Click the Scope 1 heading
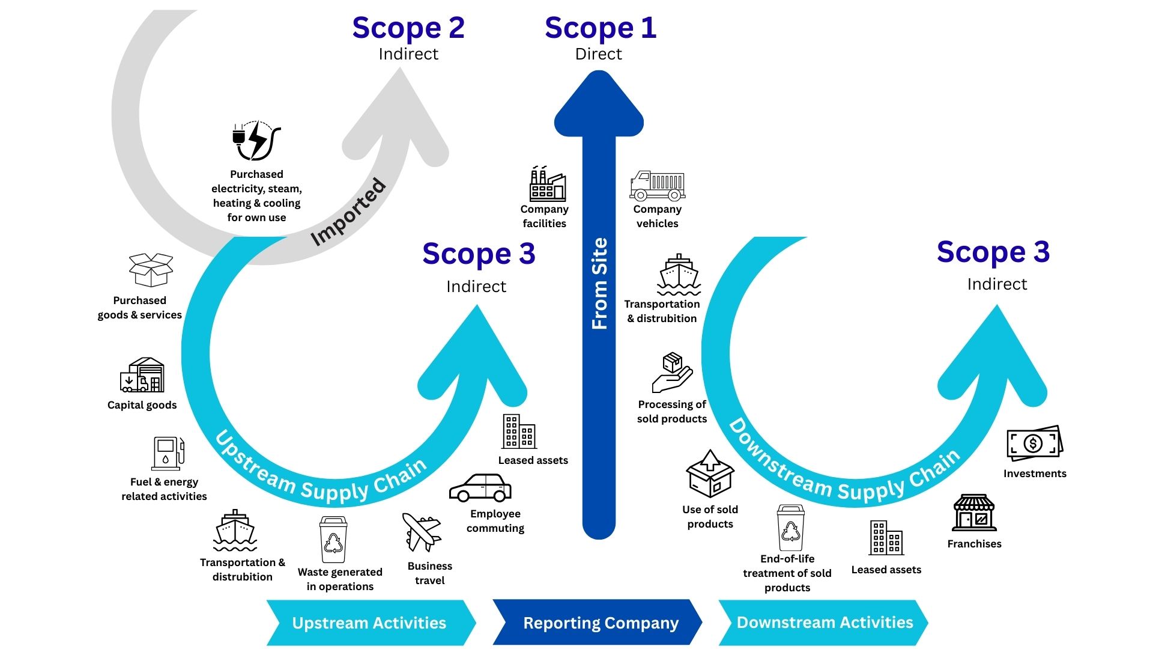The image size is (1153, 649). [600, 28]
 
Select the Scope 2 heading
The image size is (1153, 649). [408, 28]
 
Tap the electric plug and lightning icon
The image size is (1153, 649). [256, 141]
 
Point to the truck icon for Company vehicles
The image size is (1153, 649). [658, 186]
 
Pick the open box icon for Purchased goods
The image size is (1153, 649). [151, 270]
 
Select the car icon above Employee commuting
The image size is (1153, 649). [480, 488]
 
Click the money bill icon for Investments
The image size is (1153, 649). [1034, 444]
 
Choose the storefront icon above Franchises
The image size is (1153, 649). [974, 513]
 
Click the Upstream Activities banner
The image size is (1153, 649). [369, 623]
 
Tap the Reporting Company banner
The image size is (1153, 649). [600, 623]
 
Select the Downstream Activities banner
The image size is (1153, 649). [825, 623]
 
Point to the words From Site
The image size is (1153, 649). [600, 284]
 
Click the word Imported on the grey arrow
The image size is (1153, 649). [348, 212]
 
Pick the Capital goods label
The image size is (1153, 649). [142, 405]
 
